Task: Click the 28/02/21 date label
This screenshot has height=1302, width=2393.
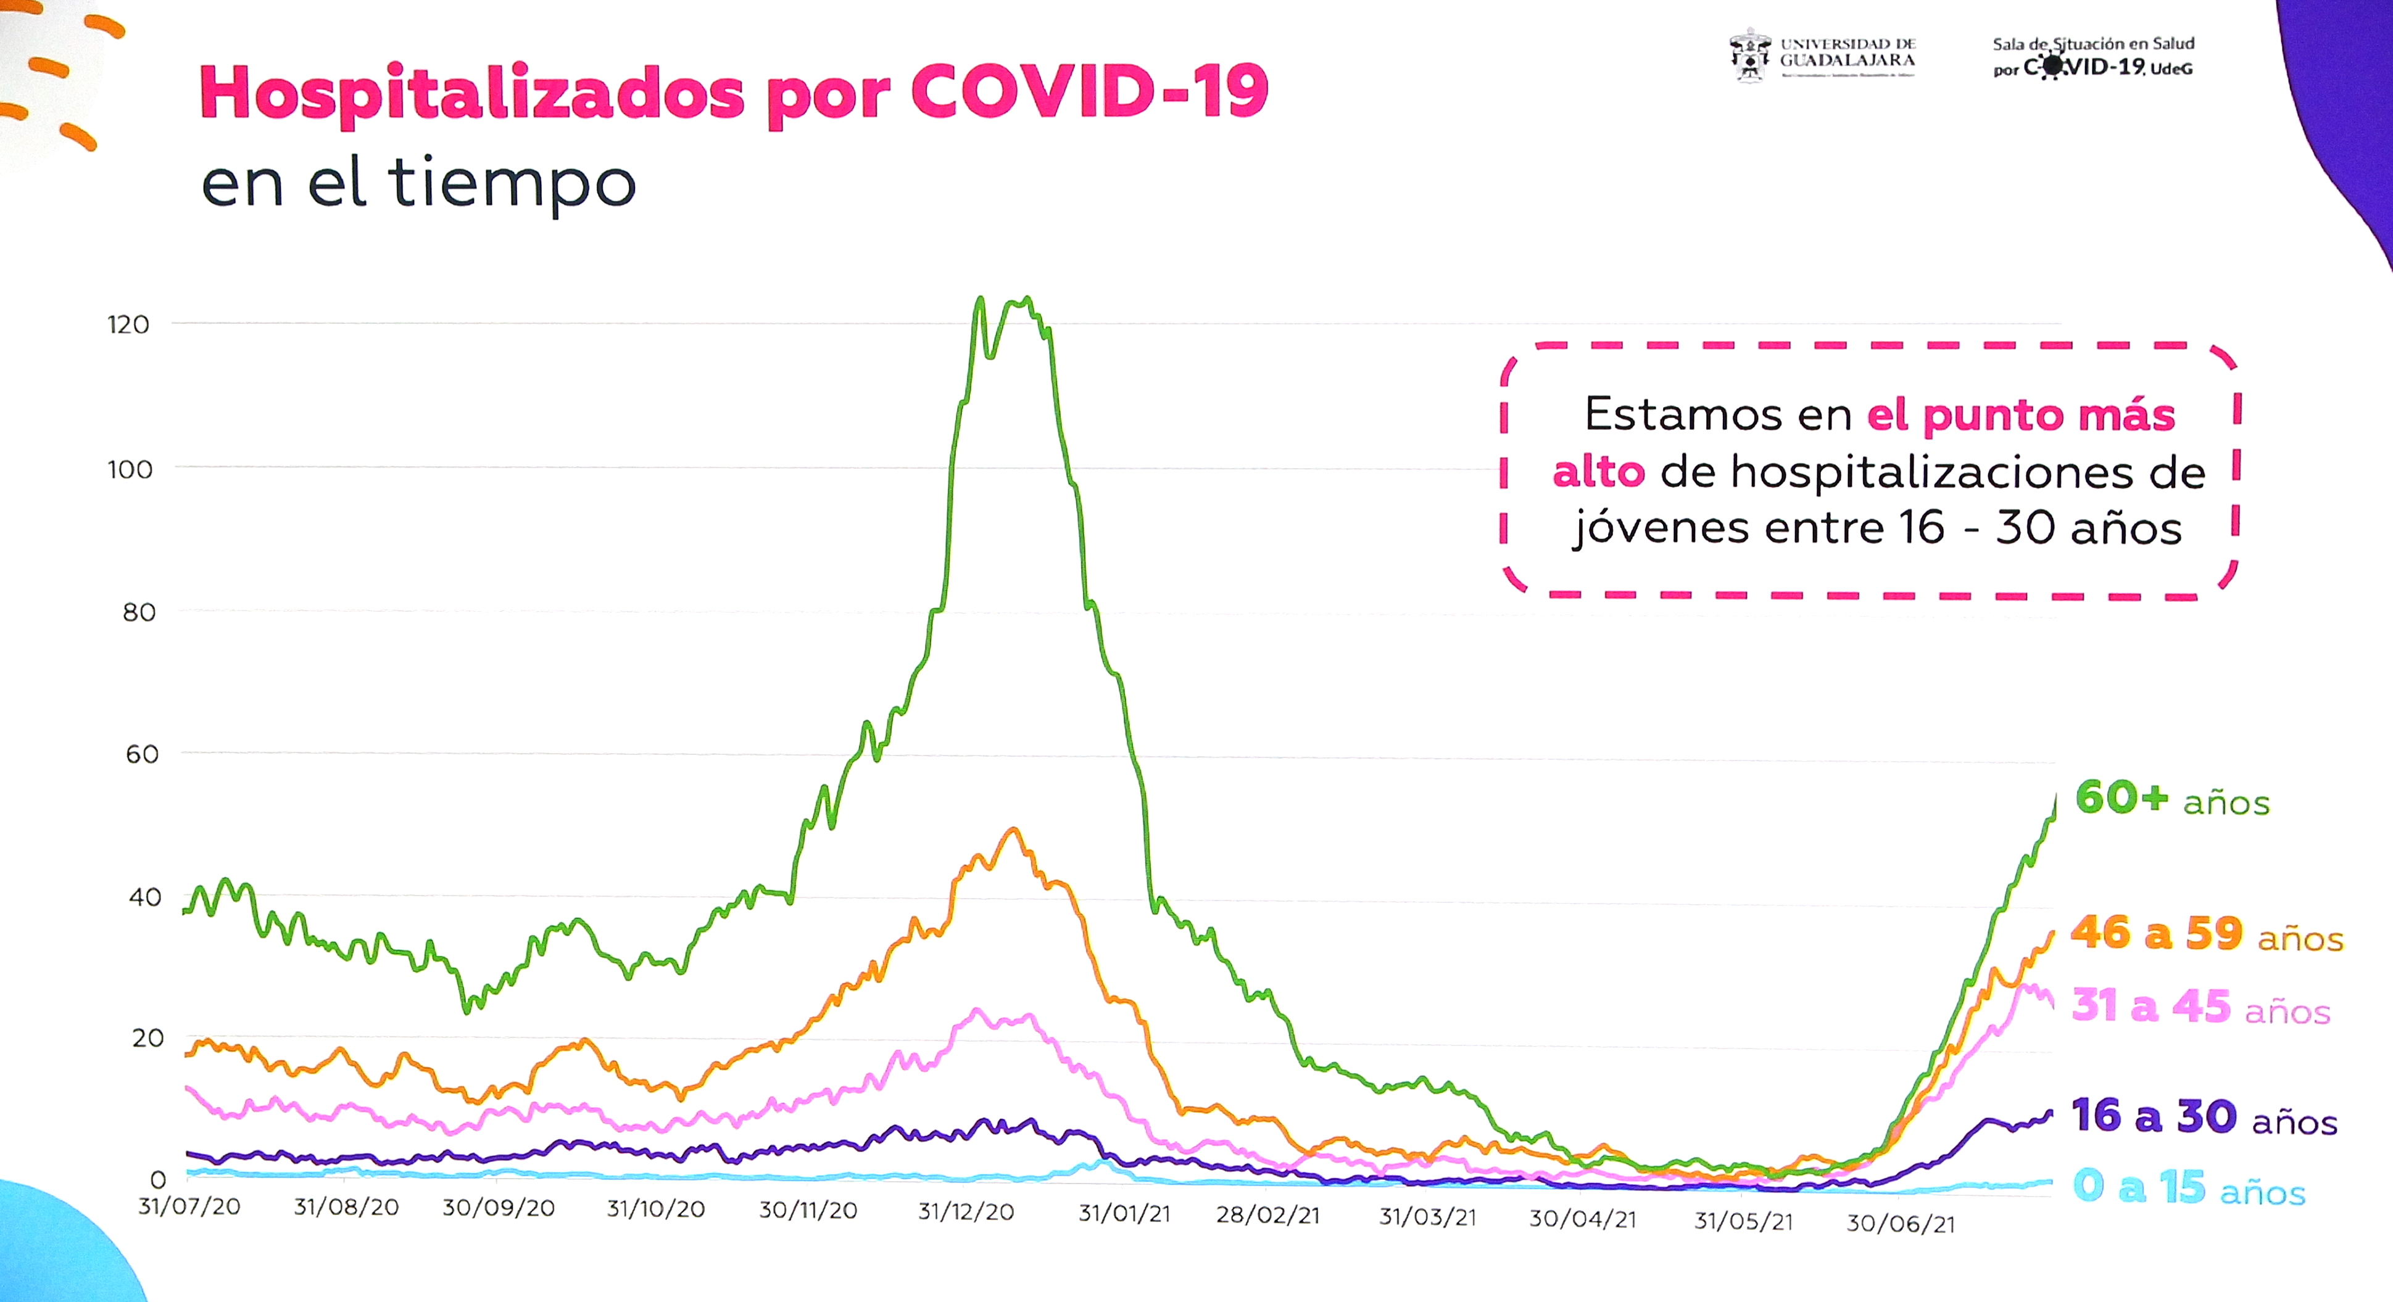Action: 1268,1216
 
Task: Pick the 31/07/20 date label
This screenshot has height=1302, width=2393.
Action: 189,1206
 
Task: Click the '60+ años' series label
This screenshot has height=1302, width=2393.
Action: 2172,799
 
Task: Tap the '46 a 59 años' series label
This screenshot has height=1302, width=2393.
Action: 2206,934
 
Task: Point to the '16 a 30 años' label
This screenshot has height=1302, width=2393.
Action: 2204,1117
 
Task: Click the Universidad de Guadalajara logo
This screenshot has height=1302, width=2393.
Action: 1822,56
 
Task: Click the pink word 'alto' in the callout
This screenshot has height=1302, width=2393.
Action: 1598,472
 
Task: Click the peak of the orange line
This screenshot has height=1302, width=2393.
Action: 1013,830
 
